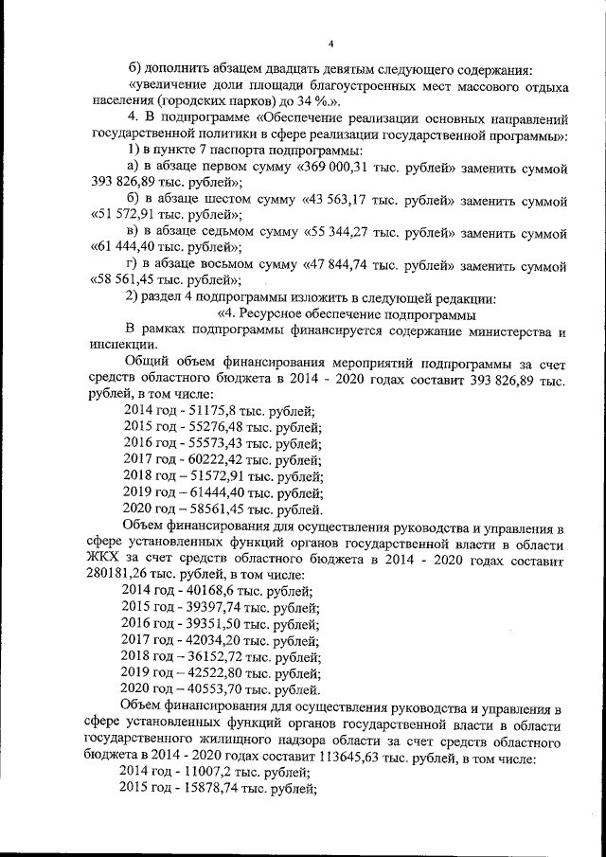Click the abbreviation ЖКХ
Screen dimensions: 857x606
pyautogui.click(x=98, y=561)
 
